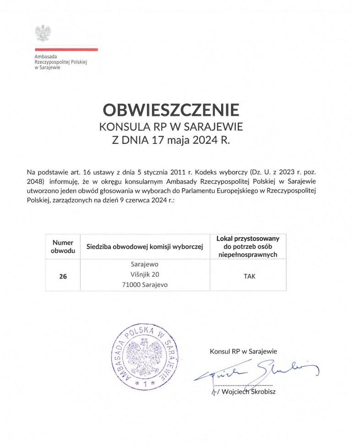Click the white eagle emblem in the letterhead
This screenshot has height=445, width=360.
43,33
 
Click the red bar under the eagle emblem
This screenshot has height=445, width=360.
66,49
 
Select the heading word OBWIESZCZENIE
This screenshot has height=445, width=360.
171,110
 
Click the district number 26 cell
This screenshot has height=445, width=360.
63,276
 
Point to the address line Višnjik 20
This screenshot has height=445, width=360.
145,275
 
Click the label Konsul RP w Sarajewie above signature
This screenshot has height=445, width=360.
243,352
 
